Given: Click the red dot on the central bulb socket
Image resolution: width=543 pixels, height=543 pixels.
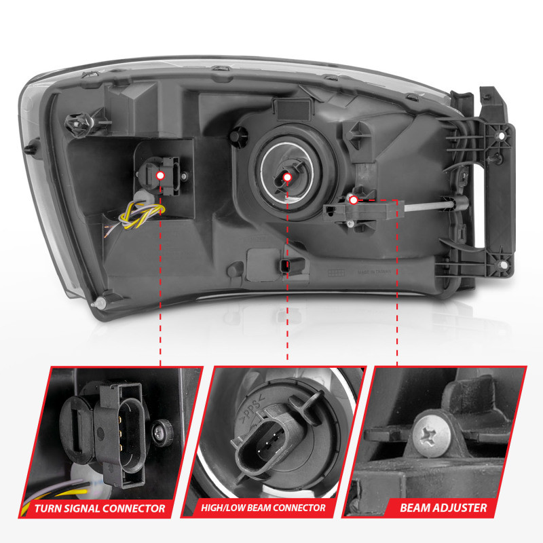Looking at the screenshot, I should point(287,178).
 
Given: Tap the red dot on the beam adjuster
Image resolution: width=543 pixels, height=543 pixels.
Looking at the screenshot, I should point(354,200).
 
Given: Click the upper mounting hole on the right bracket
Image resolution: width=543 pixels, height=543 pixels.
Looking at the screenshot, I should point(502,136).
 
